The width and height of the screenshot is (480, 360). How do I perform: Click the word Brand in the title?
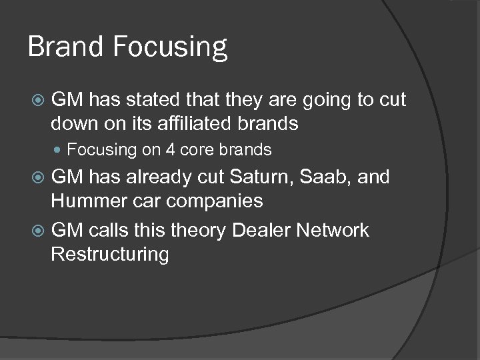(x=65, y=47)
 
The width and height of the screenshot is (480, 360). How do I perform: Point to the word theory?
(x=198, y=231)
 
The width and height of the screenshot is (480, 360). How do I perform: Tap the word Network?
(x=333, y=231)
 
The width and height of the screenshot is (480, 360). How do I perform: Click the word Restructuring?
(x=110, y=255)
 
